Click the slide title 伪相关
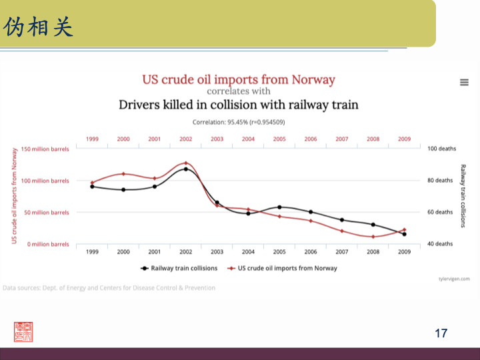pyautogui.click(x=38, y=27)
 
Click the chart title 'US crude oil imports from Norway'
pyautogui.click(x=238, y=79)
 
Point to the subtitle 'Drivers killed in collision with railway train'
pyautogui.click(x=238, y=105)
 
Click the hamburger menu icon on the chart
pyautogui.click(x=464, y=82)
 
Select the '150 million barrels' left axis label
pyautogui.click(x=45, y=149)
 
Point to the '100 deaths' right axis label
pyautogui.click(x=440, y=149)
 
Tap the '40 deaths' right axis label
pyautogui.click(x=440, y=244)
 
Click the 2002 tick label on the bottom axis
pyautogui.click(x=185, y=252)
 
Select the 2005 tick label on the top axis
pyautogui.click(x=279, y=139)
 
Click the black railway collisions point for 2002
pyautogui.click(x=185, y=169)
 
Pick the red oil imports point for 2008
pyautogui.click(x=373, y=237)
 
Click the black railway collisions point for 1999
pyautogui.click(x=92, y=187)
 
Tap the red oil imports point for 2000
pyautogui.click(x=123, y=174)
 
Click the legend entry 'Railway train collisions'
pyautogui.click(x=179, y=268)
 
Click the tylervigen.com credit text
pyautogui.click(x=454, y=279)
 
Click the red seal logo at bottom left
pyautogui.click(x=23, y=331)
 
